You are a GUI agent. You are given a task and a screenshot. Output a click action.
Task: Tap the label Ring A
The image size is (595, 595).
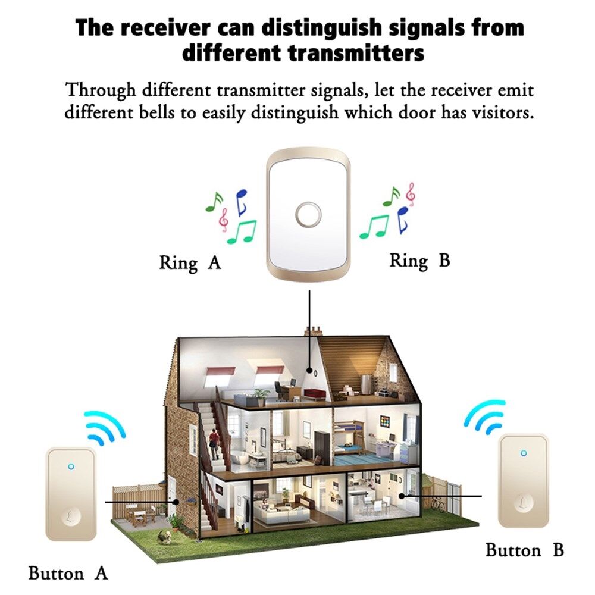pyautogui.click(x=190, y=262)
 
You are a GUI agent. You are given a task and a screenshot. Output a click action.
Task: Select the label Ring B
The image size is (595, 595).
pyautogui.click(x=419, y=260)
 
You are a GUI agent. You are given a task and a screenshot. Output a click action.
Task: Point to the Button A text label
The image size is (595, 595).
pyautogui.click(x=68, y=574)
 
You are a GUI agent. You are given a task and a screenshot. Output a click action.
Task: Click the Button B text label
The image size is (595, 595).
pyautogui.click(x=524, y=550)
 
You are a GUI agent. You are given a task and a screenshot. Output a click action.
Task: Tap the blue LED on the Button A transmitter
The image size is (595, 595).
pyautogui.click(x=71, y=466)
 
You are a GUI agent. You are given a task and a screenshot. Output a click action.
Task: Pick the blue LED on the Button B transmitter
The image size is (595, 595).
pyautogui.click(x=523, y=453)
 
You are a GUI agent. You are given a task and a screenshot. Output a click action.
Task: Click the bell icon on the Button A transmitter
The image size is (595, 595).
pyautogui.click(x=71, y=513)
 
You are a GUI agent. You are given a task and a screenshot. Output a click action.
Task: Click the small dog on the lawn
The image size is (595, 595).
pyautogui.click(x=161, y=535)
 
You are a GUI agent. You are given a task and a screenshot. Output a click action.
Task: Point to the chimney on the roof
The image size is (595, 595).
pyautogui.click(x=313, y=330)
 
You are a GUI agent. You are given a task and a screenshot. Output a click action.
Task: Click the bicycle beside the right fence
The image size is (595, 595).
pyautogui.click(x=439, y=503)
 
